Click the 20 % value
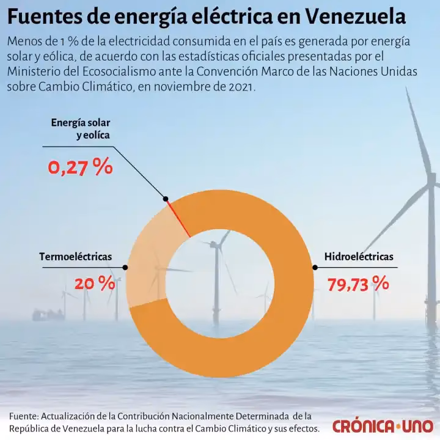pyautogui.click(x=94, y=284)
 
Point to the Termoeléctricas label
pyautogui.click(x=75, y=257)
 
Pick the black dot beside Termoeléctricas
pyautogui.click(x=126, y=267)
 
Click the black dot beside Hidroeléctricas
pyautogui.click(x=315, y=267)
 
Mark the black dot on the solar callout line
pyautogui.click(x=165, y=198)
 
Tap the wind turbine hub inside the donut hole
pyautogui.click(x=215, y=246)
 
